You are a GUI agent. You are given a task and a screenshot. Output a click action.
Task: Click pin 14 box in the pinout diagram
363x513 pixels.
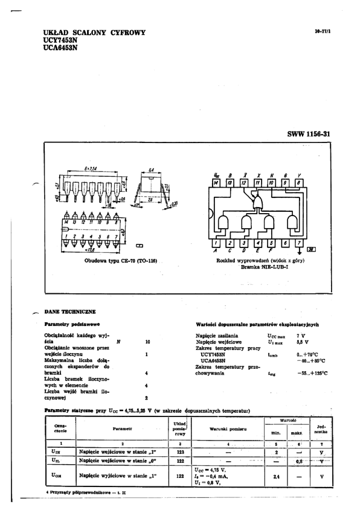[x=216, y=182]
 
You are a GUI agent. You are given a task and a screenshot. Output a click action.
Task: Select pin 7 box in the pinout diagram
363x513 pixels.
[x=300, y=243]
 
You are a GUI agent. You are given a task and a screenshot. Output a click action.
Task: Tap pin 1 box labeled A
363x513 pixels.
[x=216, y=243]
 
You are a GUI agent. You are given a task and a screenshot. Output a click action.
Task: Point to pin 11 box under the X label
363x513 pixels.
[x=257, y=182]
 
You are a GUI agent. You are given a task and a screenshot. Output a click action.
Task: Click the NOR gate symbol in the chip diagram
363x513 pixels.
[x=258, y=201]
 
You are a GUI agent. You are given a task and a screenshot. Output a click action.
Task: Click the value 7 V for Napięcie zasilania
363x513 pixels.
[x=301, y=335]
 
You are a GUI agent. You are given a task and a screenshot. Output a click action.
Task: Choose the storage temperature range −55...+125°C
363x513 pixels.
[x=312, y=373]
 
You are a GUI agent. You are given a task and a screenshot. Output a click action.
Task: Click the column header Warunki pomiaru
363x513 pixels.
[x=226, y=429]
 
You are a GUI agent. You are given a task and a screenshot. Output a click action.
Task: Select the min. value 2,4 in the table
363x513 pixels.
[x=276, y=476]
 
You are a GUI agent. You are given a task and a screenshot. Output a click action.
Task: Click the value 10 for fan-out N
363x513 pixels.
[x=147, y=342]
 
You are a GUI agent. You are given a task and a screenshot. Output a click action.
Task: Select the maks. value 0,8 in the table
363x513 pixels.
[x=298, y=461]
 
